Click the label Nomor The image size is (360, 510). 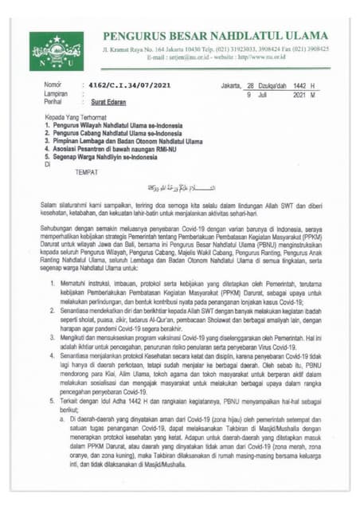coord(53,84)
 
